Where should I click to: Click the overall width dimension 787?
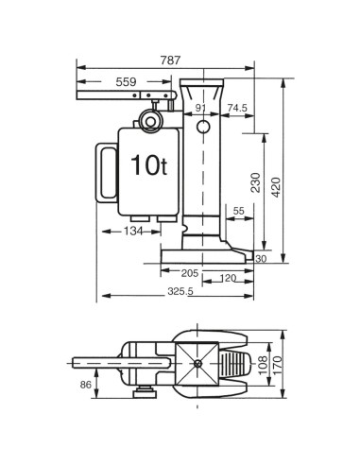tap(169, 60)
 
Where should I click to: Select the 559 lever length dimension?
tap(124, 82)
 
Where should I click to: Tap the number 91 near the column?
tap(199, 109)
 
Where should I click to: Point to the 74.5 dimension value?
tap(236, 109)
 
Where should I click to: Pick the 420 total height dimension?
tap(276, 188)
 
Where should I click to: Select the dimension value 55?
tap(238, 210)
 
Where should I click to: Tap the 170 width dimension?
tap(278, 364)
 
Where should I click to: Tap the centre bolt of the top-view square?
tap(197, 364)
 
